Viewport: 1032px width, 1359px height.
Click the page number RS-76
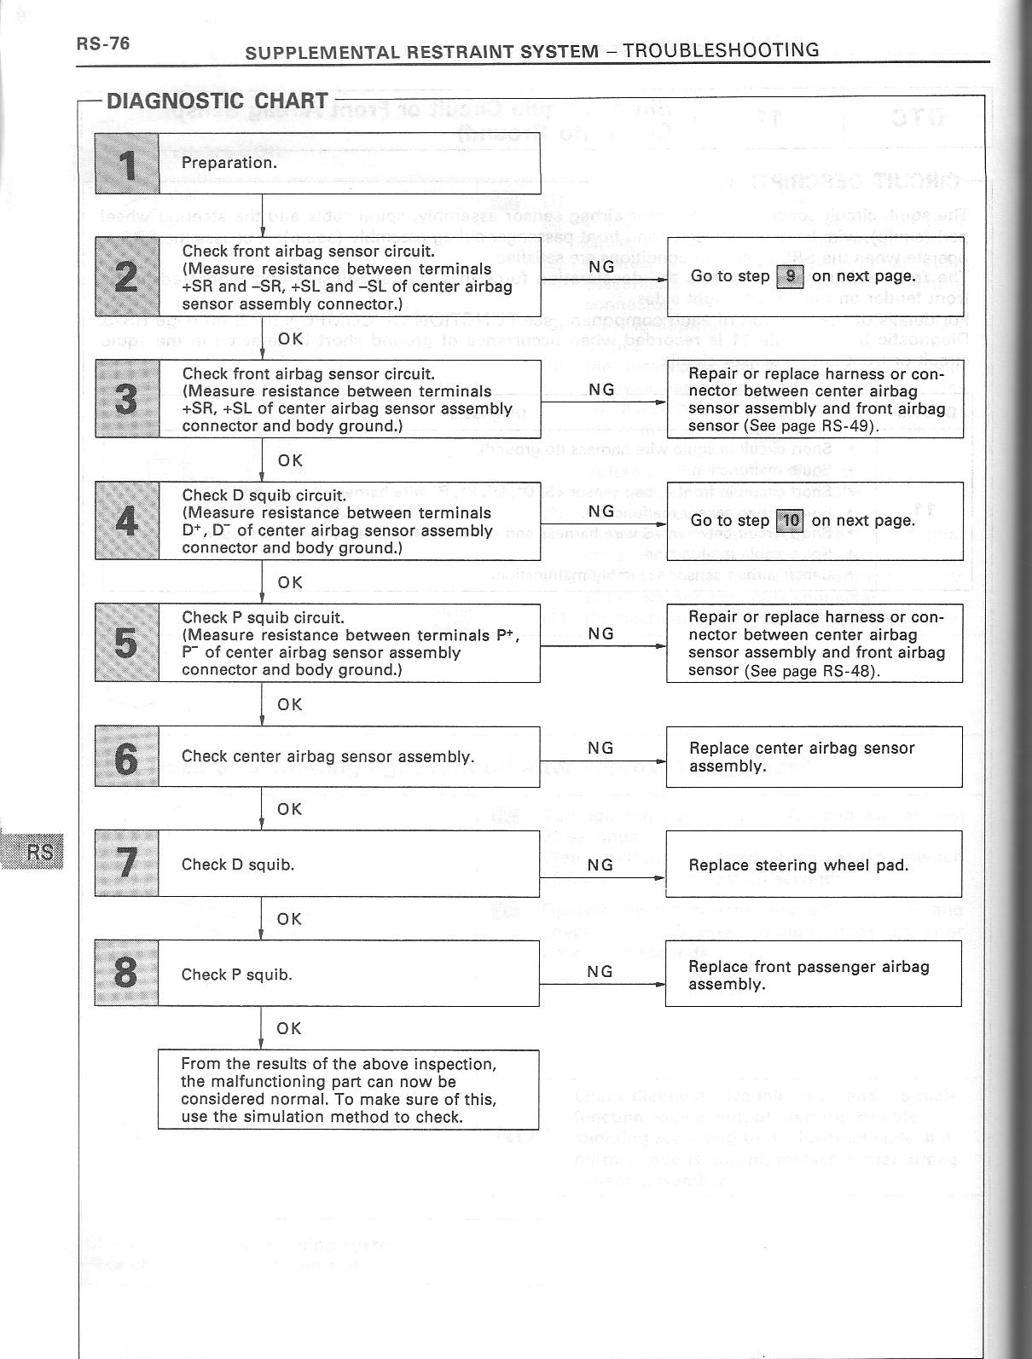103,43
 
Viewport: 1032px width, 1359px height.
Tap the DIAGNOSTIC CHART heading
217,100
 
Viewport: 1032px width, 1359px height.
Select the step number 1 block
127,164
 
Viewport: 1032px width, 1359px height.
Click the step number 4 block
127,521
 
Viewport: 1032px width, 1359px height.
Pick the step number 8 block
126,974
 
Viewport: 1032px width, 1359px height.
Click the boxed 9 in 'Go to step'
791,276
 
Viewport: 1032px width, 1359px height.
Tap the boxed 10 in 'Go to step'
791,520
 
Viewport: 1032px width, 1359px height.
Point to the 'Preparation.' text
229,163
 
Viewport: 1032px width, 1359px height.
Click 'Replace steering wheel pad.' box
813,865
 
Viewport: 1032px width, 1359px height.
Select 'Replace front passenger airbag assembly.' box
813,974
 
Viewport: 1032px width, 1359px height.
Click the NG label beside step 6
601,748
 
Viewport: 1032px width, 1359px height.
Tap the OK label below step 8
290,1028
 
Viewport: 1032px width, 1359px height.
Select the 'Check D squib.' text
238,865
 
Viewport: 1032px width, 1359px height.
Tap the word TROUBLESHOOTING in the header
721,49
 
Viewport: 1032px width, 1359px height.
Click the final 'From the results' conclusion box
348,1090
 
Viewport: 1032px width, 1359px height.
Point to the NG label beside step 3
601,390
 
